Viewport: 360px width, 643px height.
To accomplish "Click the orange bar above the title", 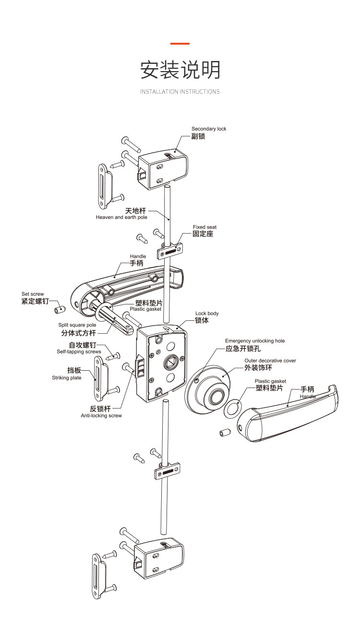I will pos(180,44).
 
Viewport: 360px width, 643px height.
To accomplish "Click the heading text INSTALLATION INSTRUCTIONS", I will pos(180,92).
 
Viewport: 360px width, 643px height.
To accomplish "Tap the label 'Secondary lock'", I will pos(209,129).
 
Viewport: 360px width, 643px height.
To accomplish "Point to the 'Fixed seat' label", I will pos(204,227).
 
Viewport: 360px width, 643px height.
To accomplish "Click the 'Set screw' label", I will pos(33,294).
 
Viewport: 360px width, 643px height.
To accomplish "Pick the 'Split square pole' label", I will pos(77,325).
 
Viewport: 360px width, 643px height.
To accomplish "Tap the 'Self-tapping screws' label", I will pos(79,352).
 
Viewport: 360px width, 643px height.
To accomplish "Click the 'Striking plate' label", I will pos(67,378).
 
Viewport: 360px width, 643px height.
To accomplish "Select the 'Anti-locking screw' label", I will pos(101,415).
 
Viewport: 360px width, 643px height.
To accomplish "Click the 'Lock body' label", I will pos(207,314).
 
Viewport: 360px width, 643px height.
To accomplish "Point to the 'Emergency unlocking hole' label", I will pos(255,341).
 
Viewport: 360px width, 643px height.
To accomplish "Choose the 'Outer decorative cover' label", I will pos(270,361).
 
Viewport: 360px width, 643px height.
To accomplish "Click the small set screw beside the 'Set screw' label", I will pos(59,308).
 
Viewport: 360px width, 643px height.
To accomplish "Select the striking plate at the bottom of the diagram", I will pos(99,576).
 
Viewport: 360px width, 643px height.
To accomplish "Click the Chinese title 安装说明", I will pos(180,70).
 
